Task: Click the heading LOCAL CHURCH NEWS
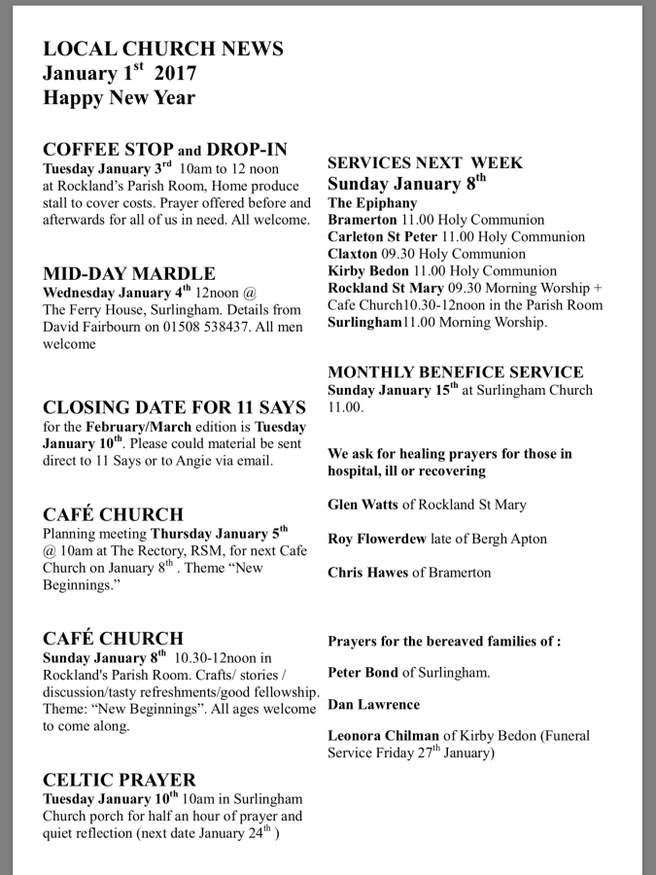coord(163,49)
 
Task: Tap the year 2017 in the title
coord(176,73)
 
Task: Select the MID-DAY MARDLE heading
coord(129,273)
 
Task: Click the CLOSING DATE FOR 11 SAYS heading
coord(175,406)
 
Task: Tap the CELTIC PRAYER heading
coord(120,780)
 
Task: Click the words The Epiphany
coord(372,203)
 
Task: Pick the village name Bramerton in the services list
coord(362,220)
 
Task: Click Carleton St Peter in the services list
coord(382,237)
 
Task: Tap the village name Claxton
coord(352,254)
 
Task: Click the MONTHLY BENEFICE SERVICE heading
coord(468,372)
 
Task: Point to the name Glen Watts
coord(363,505)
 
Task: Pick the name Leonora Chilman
coord(384,737)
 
